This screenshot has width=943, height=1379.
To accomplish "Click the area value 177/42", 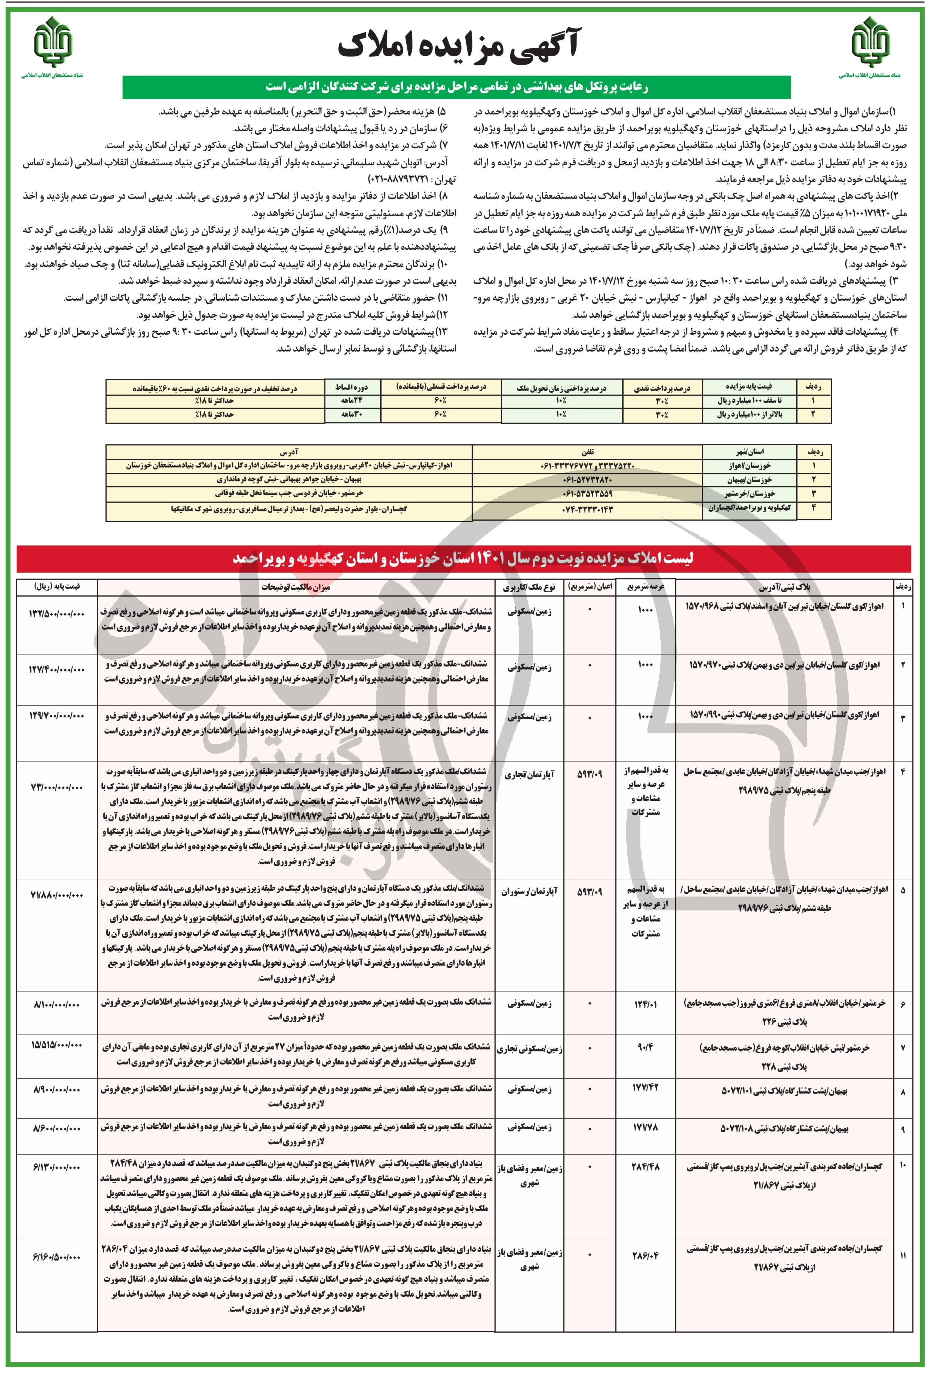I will tap(645, 1087).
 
